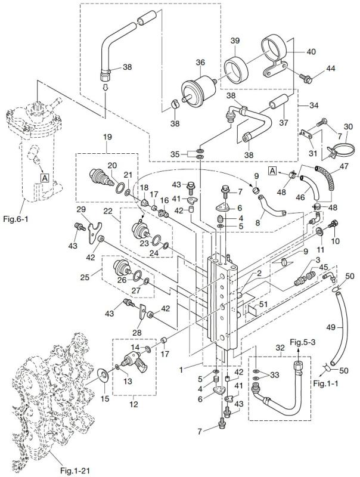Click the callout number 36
[200, 61]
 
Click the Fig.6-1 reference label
[18, 219]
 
